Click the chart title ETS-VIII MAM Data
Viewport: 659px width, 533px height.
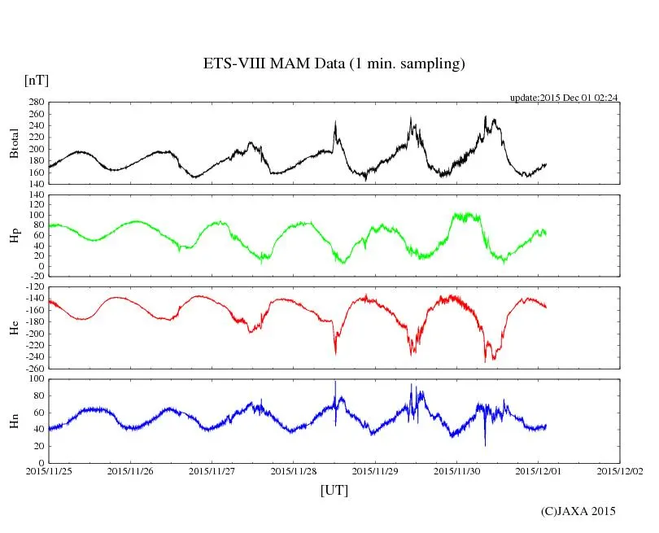point(334,64)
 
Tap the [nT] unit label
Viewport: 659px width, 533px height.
point(36,81)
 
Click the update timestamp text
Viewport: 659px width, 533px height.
point(564,98)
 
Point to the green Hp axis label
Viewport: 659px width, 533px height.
point(14,236)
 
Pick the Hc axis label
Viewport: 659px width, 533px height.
point(14,328)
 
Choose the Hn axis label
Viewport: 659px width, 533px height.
point(14,421)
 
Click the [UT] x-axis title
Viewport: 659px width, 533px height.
point(334,490)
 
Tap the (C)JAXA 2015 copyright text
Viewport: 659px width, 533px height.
point(578,511)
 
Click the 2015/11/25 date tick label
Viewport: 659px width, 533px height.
point(49,470)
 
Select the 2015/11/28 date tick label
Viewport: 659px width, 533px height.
point(294,470)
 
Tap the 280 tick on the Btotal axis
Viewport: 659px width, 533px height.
point(36,103)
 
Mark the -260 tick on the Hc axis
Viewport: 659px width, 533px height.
point(33,368)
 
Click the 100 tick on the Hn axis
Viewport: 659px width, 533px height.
point(36,379)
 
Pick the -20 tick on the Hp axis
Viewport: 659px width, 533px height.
point(36,276)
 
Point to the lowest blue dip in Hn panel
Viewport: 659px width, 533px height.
point(485,444)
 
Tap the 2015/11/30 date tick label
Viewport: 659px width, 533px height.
point(456,470)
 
